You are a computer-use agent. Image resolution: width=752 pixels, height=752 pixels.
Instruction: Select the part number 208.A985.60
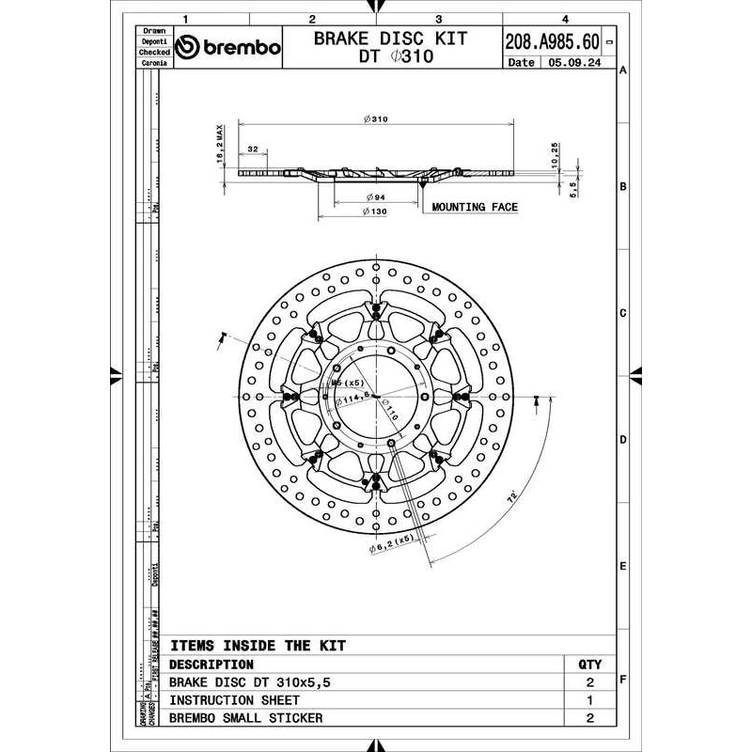pos(552,41)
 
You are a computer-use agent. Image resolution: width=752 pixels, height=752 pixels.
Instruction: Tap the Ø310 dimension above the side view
pos(375,120)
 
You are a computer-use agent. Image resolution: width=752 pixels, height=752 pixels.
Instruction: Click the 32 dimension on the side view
pos(254,149)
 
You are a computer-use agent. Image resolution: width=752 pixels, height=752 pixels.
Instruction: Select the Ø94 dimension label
pos(375,197)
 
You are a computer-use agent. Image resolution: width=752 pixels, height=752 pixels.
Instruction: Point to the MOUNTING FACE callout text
pos(474,207)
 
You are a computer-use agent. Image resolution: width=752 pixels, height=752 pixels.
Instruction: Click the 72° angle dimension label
pos(511,499)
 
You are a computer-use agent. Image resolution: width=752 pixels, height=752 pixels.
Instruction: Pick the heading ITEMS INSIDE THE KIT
pos(258,646)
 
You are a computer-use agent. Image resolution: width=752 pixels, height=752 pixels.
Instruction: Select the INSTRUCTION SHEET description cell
pos(235,700)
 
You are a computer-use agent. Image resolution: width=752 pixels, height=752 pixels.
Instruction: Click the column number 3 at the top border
pos(439,18)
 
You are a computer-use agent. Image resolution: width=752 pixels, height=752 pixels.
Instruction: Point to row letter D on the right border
pos(622,439)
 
